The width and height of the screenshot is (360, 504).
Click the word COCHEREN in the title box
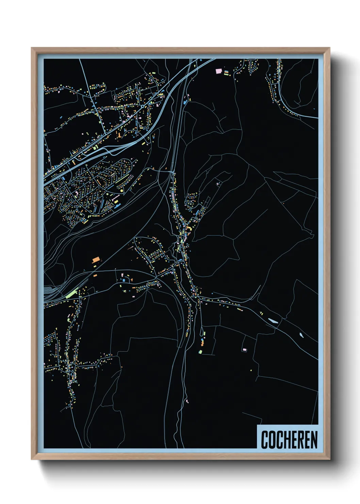(x=289, y=440)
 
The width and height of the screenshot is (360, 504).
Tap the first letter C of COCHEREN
(x=265, y=440)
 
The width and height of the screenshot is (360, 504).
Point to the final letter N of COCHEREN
(x=314, y=440)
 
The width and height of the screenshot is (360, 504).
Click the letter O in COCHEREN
(x=272, y=440)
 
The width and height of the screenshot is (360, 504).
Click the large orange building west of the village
(x=96, y=260)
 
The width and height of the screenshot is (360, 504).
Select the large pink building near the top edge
(x=219, y=72)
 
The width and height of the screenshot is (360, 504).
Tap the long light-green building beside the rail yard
(x=72, y=294)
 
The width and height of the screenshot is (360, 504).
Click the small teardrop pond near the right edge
(x=301, y=335)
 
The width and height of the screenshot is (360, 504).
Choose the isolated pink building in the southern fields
(x=244, y=349)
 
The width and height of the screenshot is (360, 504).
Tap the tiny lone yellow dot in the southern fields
(x=251, y=370)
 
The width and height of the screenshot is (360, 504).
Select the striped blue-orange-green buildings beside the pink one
(x=226, y=73)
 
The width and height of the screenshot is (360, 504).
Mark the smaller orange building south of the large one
(x=95, y=275)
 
